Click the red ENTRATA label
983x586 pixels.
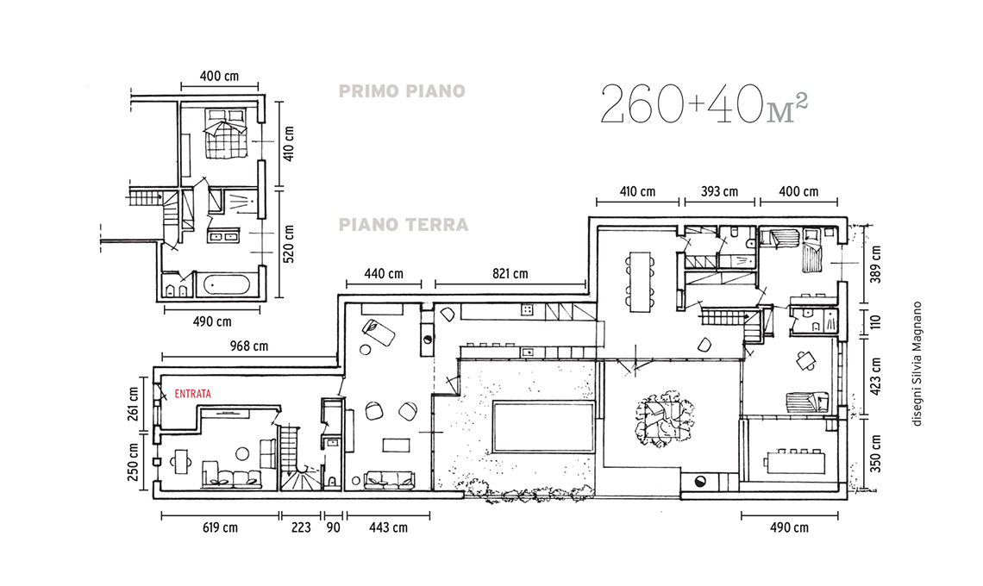192,394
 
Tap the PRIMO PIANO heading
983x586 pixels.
402,91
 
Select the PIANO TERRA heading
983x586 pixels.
404,224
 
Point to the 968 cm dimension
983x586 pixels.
249,346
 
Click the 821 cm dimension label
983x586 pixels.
510,274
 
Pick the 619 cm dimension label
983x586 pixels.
220,527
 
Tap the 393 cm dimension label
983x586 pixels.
720,192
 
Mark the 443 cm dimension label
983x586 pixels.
388,527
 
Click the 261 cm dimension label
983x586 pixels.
133,403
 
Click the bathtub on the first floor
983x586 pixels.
226,285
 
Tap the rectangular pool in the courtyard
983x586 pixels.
543,427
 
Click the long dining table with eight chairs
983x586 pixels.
641,281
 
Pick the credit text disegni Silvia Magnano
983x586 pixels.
917,365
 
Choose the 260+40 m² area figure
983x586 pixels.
704,104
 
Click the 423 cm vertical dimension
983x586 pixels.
876,376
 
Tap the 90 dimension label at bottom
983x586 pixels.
334,527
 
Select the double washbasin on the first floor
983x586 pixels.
222,236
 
